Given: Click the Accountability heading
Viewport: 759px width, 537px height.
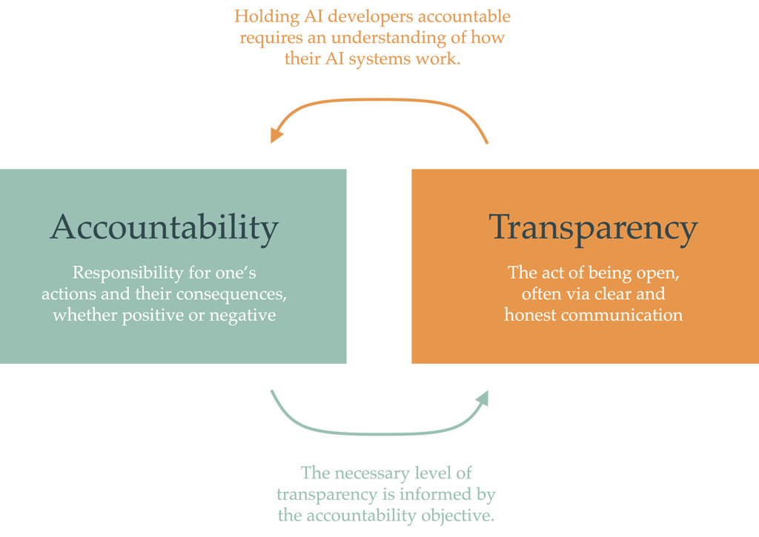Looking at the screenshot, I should point(165,227).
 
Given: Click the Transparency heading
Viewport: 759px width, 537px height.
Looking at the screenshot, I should point(593,227).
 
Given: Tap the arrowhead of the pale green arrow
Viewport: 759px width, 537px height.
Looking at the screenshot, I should point(483,398).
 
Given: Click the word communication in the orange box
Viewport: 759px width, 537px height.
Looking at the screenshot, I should point(624,315).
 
